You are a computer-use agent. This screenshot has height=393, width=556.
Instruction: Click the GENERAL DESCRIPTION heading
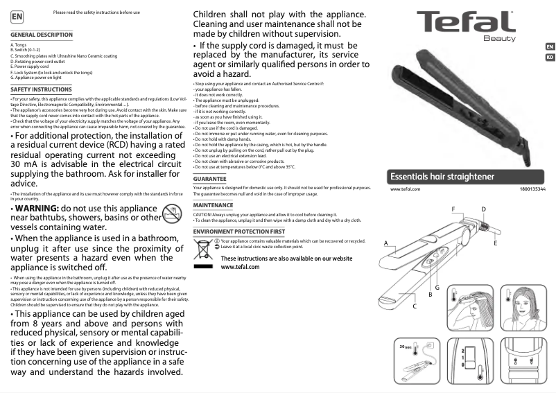(x=42, y=35)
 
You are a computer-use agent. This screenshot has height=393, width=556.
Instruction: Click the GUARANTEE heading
(x=209, y=179)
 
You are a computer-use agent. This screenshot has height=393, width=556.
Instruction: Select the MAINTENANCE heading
(x=213, y=206)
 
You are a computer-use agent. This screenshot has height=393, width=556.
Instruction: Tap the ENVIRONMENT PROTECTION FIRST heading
(x=239, y=231)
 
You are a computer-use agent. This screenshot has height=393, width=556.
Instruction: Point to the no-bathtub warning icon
(x=171, y=214)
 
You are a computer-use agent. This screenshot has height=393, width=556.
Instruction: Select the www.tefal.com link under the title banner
(x=406, y=189)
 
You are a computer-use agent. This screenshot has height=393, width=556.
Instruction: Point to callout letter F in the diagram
(x=453, y=209)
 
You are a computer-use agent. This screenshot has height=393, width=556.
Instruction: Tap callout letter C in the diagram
(x=415, y=306)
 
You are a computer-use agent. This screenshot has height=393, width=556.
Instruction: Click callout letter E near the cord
(x=496, y=243)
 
